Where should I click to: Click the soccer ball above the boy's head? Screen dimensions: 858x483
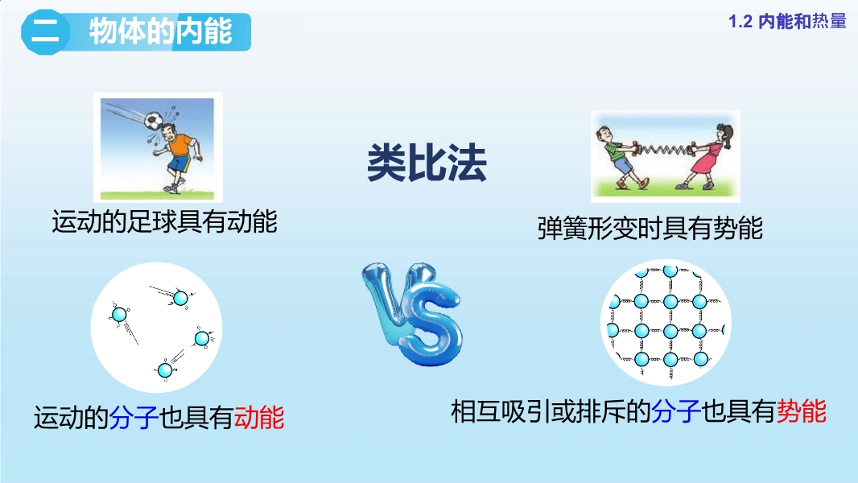coord(154,121)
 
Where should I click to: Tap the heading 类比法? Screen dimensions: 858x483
coord(427,163)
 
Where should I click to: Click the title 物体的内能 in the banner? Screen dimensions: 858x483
coord(161,31)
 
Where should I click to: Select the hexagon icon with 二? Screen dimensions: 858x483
coord(45,31)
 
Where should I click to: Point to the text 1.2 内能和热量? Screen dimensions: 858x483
coord(787,22)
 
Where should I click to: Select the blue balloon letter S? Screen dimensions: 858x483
coord(431,324)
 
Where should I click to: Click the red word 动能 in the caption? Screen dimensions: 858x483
coord(259,417)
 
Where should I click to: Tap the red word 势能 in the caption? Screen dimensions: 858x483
coord(801,411)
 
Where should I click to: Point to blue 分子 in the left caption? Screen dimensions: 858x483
coord(134,417)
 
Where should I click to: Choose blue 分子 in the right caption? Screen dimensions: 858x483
coord(676,411)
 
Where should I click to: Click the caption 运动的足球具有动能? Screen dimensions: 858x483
coord(165,221)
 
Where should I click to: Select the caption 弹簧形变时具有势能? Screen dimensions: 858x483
coord(650,228)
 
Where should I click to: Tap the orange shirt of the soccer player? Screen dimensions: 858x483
coord(179,146)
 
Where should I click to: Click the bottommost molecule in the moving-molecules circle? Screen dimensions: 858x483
coord(165,370)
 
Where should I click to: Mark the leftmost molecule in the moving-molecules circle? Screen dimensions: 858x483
coord(119,315)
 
